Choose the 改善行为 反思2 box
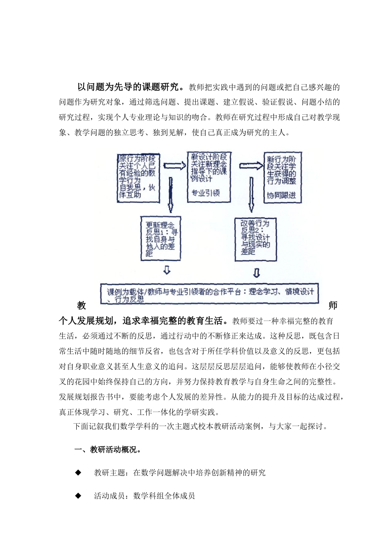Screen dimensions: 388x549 point(255,239)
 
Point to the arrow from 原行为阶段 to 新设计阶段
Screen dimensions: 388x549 point(173,165)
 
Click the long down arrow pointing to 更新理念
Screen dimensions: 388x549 point(171,196)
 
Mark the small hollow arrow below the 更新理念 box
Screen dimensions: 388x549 point(167,270)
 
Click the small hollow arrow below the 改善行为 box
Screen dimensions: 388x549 point(256,272)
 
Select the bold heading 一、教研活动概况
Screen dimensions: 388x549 point(108,450)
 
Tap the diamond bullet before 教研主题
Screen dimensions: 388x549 point(78,473)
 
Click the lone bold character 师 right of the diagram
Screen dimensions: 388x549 point(333,306)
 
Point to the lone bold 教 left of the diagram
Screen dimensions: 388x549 point(81,306)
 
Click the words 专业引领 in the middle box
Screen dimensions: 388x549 point(206,192)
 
